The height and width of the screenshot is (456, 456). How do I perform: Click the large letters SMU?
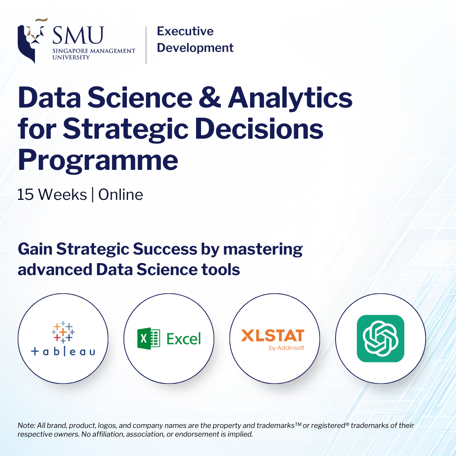pyautogui.click(x=78, y=35)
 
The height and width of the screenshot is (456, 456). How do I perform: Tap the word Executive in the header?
pyautogui.click(x=185, y=31)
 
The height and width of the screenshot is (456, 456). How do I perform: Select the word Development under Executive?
pyautogui.click(x=195, y=48)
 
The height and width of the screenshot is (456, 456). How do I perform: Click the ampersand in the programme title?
pyautogui.click(x=210, y=97)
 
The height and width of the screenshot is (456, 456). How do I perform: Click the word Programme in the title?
pyautogui.click(x=98, y=161)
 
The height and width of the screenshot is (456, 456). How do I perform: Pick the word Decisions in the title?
pyautogui.click(x=259, y=129)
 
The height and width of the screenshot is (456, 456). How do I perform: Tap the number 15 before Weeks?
pyautogui.click(x=25, y=195)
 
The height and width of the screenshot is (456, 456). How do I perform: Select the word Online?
pyautogui.click(x=120, y=195)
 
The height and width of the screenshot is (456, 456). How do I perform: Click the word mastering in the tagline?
pyautogui.click(x=263, y=250)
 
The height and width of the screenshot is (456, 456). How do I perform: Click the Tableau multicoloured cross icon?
pyautogui.click(x=63, y=332)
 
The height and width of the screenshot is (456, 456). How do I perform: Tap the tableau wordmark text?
pyautogui.click(x=63, y=351)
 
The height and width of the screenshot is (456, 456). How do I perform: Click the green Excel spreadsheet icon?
pyautogui.click(x=149, y=339)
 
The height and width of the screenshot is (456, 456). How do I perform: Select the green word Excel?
pyautogui.click(x=184, y=339)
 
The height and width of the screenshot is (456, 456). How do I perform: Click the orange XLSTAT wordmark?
pyautogui.click(x=272, y=335)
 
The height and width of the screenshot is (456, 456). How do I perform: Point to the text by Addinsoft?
pyautogui.click(x=287, y=348)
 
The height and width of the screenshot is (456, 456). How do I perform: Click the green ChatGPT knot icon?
pyautogui.click(x=380, y=339)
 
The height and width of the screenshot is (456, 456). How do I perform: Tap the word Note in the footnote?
pyautogui.click(x=27, y=426)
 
